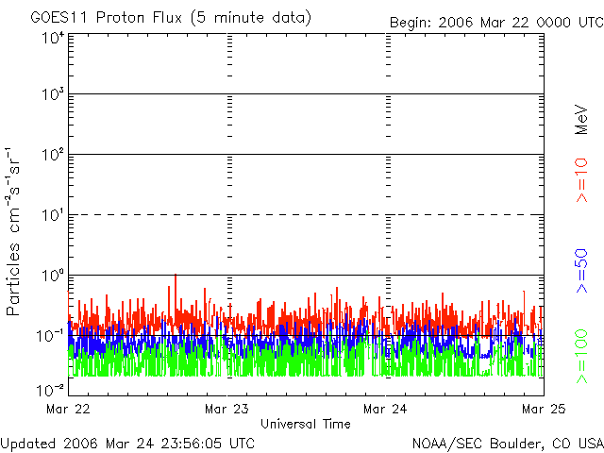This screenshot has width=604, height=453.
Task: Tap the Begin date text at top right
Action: [496, 23]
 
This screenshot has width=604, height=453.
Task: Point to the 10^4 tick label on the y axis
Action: [53, 38]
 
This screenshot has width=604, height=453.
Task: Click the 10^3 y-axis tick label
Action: [53, 96]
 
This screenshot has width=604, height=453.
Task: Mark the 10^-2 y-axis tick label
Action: [51, 388]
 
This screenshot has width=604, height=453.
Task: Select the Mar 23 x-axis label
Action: [226, 410]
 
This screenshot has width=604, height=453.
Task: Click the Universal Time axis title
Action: [305, 425]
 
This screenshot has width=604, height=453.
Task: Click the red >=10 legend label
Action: [582, 180]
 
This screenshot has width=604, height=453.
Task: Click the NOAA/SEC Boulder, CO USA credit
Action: [507, 443]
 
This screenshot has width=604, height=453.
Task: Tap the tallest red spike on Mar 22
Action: [175, 277]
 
